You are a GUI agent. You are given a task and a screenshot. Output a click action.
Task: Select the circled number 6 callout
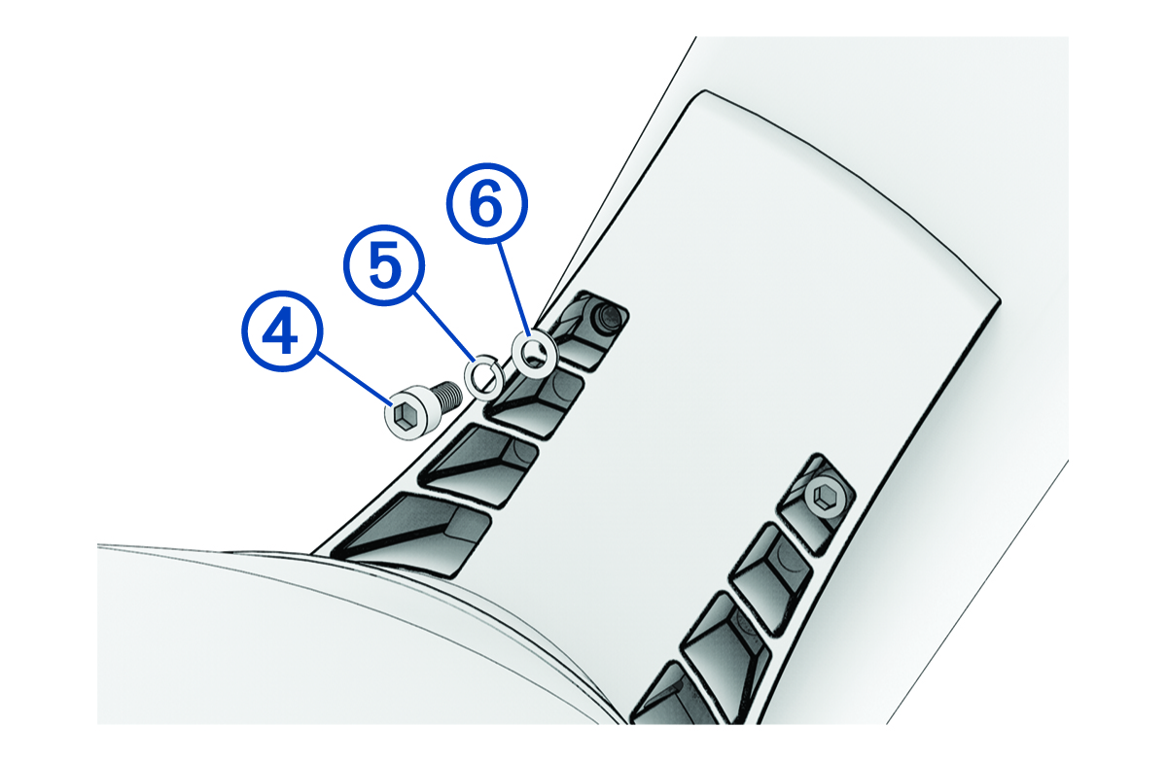tap(486, 205)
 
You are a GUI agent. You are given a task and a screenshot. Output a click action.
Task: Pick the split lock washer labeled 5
tap(483, 376)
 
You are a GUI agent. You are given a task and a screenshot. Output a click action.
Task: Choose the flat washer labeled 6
tap(533, 356)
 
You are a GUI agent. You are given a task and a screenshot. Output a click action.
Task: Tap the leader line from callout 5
tap(442, 329)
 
